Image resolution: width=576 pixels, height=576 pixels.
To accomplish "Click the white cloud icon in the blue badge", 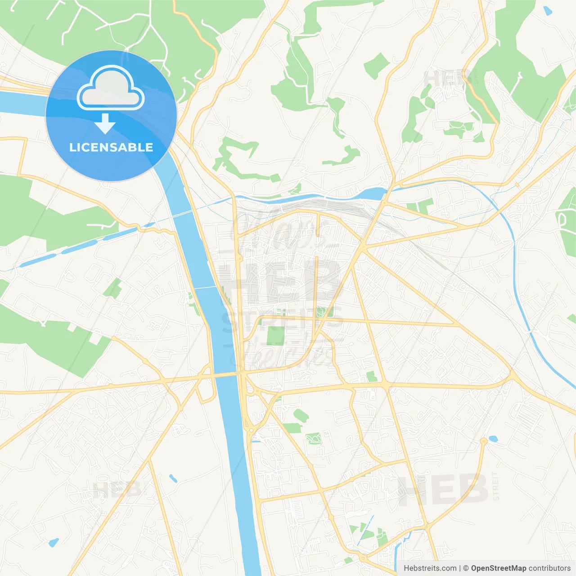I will (x=111, y=88).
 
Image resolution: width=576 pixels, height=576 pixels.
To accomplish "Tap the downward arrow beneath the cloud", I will (x=105, y=123).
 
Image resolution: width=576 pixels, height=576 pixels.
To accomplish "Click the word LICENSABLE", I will (x=111, y=147).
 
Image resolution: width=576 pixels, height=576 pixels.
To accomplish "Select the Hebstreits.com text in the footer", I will (x=430, y=568).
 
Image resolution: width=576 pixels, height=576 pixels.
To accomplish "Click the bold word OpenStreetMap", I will (x=498, y=568).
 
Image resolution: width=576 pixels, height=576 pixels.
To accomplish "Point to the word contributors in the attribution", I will (x=549, y=568).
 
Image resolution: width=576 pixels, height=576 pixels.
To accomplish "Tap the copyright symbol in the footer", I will (x=466, y=568).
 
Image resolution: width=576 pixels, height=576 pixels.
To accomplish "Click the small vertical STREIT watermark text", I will (x=496, y=486).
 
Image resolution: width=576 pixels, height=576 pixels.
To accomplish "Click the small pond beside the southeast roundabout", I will (x=493, y=438).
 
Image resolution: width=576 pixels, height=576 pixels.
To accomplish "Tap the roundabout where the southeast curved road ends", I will (x=484, y=441).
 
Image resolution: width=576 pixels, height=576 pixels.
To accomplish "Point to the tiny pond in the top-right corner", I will (x=548, y=11).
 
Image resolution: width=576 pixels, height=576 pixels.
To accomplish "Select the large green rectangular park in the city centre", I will (x=275, y=335).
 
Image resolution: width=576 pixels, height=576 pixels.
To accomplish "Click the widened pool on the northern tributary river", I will (x=376, y=194).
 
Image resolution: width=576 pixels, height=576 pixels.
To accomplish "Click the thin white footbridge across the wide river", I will (x=206, y=287).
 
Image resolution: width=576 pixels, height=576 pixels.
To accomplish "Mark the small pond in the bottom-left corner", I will (x=54, y=543).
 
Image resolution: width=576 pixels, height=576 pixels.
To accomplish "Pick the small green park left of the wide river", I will (x=112, y=288).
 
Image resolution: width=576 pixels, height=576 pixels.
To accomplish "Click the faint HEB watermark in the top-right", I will (x=443, y=79).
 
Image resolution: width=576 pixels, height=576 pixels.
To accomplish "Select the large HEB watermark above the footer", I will (x=443, y=490).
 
